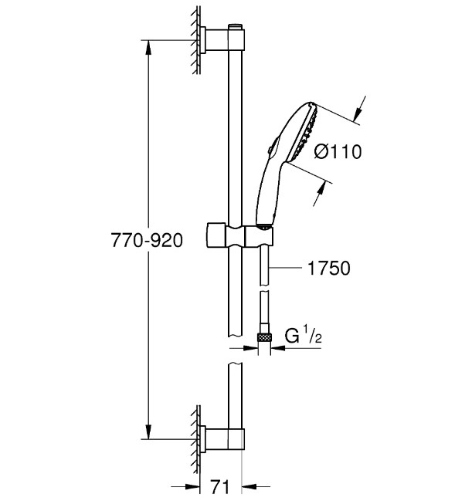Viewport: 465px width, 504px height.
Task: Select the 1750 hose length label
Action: tap(329, 269)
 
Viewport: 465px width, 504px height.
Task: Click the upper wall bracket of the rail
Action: tap(219, 39)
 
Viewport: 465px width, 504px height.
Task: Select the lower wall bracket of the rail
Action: tap(219, 438)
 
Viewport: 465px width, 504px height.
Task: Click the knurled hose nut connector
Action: tap(264, 337)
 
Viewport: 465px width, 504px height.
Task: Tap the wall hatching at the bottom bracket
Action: tap(192, 437)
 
